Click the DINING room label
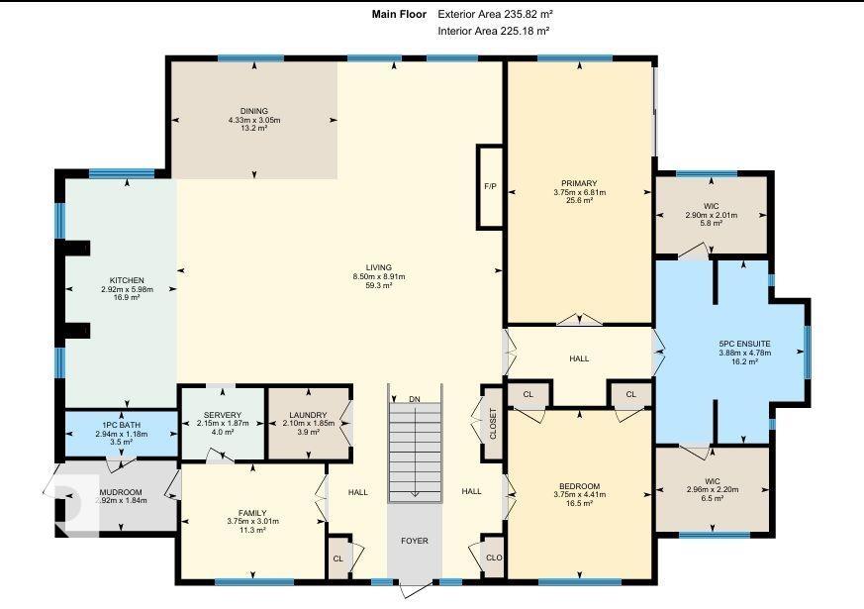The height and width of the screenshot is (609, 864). [x=253, y=111]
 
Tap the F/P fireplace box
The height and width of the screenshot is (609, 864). [x=490, y=186]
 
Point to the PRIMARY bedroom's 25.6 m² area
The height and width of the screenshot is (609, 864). [x=579, y=201]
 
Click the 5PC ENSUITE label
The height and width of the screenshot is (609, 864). [x=744, y=344]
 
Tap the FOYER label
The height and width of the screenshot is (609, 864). [x=414, y=541]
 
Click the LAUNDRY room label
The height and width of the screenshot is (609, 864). [x=309, y=414]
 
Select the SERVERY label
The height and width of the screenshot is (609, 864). [x=223, y=414]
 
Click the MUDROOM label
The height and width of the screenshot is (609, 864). [x=123, y=490]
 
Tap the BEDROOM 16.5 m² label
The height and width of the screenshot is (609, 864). [x=579, y=486]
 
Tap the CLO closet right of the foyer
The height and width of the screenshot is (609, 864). [x=494, y=558]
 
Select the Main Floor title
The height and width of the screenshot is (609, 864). [x=399, y=14]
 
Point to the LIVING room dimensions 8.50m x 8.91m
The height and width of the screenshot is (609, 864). [x=379, y=276]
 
